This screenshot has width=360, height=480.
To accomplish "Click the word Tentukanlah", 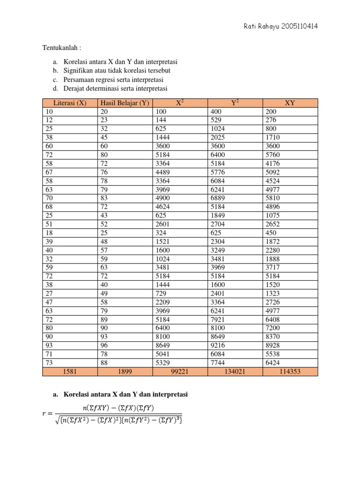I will click(x=62, y=48).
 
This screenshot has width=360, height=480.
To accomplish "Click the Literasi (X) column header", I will click(x=70, y=103).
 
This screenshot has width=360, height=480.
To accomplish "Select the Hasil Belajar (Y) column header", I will click(x=124, y=103).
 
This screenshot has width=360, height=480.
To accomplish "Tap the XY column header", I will click(x=290, y=103).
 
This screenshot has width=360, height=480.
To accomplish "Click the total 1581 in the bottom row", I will click(x=70, y=372).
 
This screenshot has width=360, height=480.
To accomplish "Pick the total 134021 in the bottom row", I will click(x=235, y=372).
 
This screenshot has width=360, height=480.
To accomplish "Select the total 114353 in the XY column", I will click(x=290, y=372).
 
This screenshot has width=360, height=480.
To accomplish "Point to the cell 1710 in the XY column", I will click(x=272, y=137).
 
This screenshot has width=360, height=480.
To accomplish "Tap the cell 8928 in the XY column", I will click(x=272, y=346).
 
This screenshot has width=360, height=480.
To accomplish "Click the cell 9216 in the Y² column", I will click(x=217, y=346).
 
